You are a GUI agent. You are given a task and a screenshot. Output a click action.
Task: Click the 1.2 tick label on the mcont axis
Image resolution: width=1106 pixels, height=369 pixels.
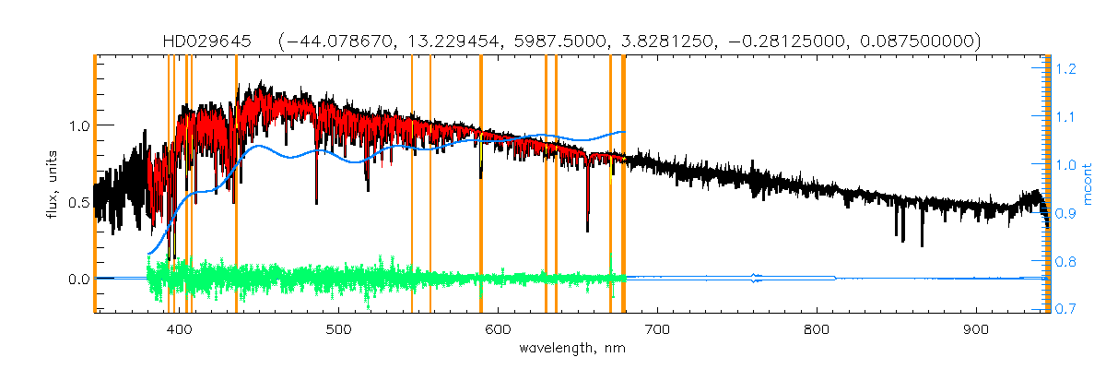[1067, 68]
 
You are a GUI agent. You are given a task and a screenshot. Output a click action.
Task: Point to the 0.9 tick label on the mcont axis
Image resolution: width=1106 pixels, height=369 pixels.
[1067, 212]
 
